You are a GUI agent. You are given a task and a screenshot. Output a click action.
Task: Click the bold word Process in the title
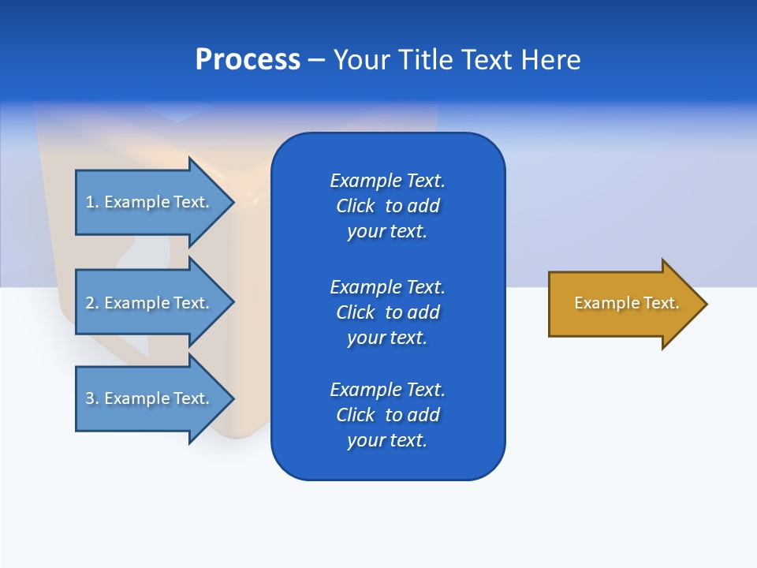pos(248,60)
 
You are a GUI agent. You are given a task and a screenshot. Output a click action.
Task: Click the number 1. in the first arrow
pos(91,202)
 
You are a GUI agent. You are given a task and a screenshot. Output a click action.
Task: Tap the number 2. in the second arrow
pos(91,303)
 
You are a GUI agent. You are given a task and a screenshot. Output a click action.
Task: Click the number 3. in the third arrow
pos(91,398)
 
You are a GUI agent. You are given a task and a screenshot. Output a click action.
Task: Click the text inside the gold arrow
pos(626,303)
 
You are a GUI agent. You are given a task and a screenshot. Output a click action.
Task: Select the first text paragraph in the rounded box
pos(387,206)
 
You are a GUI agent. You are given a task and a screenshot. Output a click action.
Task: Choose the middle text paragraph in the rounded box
pos(387,312)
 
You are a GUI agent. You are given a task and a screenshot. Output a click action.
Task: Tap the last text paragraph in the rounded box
pos(387,415)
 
